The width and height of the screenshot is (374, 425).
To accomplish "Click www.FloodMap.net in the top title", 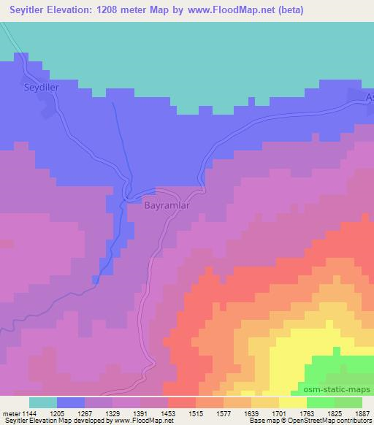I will click(x=226, y=10).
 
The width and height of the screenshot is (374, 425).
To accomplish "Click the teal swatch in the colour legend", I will click(x=43, y=402).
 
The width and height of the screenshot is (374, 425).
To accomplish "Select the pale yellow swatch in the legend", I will click(x=293, y=402).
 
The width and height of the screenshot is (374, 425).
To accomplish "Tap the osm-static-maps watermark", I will click(x=337, y=390).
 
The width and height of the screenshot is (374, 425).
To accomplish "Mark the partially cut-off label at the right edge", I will click(x=369, y=99).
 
